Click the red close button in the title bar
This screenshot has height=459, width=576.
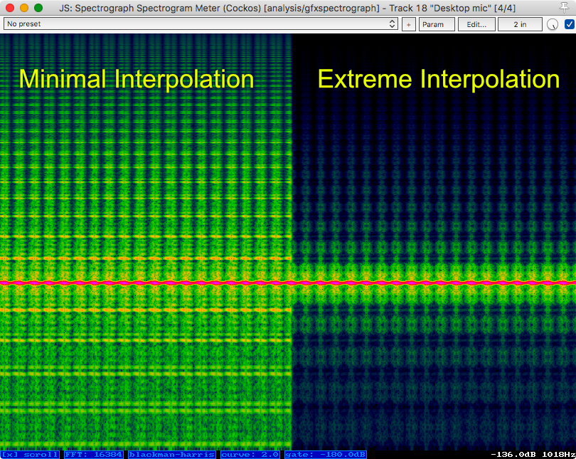(x=9, y=8)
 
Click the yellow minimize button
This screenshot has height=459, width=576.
(x=23, y=8)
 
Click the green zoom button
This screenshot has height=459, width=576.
(x=38, y=8)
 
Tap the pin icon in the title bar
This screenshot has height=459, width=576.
(x=564, y=8)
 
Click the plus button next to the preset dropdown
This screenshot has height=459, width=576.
(x=409, y=24)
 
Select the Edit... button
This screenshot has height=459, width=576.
(x=476, y=24)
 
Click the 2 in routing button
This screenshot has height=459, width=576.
(x=519, y=24)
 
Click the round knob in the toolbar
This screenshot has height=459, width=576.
(x=553, y=25)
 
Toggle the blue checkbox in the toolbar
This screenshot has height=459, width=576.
(x=569, y=24)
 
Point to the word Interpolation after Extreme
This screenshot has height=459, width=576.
(x=491, y=79)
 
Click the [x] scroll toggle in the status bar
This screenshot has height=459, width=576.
(x=31, y=454)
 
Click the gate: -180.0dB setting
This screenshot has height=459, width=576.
(x=325, y=454)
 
